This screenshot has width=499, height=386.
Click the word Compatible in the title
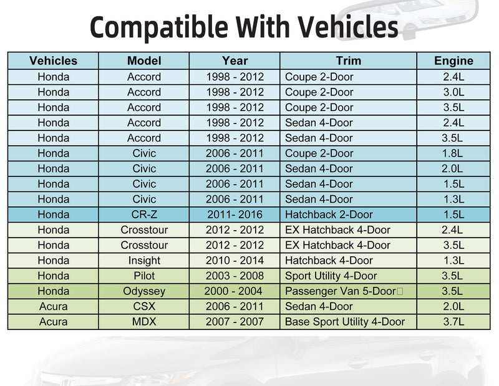[159, 27]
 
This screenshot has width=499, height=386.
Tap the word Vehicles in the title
[348, 27]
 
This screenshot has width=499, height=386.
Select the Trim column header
[349, 60]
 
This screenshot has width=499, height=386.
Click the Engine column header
[453, 60]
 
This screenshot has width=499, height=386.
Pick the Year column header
[235, 60]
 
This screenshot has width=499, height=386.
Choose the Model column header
[144, 60]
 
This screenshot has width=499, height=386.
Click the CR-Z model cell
[144, 215]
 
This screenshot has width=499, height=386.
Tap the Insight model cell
[144, 261]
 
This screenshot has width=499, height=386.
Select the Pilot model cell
[144, 276]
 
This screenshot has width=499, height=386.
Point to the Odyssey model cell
[144, 291]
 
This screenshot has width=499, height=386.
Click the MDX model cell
[144, 321]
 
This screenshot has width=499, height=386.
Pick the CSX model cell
[144, 306]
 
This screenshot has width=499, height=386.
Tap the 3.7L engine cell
[453, 321]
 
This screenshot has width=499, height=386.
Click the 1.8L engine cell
[452, 153]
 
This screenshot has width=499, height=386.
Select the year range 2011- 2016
[235, 215]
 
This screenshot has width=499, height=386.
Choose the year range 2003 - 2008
[235, 276]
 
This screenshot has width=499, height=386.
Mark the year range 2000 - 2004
[233, 291]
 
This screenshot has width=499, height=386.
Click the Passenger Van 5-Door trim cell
[341, 291]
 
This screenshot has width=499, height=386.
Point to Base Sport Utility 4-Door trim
[345, 322]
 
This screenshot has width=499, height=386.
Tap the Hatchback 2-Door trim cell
[329, 215]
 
